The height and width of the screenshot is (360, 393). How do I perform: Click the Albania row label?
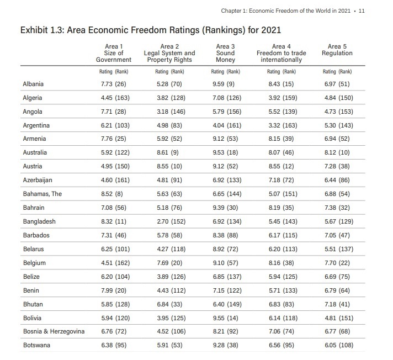tap(33, 84)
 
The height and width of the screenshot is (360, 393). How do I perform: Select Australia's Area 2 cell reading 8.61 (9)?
tap(169, 152)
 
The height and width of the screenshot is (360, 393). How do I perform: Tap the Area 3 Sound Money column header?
tap(225, 53)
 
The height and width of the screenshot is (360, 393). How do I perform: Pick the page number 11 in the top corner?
tap(362, 11)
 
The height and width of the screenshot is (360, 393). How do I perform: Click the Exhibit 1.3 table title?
tap(150, 29)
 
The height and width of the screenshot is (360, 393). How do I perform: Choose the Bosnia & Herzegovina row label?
tap(54, 332)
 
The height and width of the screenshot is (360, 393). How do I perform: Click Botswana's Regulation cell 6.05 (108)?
tap(337, 346)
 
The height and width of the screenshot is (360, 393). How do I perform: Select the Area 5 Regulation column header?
tap(337, 50)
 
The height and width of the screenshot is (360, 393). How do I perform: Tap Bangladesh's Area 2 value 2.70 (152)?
tap(169, 221)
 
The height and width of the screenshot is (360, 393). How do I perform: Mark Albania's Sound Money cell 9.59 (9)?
tap(225, 84)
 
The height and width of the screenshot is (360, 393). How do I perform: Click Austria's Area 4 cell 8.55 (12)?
tap(281, 166)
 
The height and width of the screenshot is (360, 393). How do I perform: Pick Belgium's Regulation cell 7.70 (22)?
tap(337, 263)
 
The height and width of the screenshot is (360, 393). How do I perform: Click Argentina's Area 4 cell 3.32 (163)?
tap(281, 125)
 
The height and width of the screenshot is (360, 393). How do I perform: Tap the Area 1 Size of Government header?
tap(114, 53)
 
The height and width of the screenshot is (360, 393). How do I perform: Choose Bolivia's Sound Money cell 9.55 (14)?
tap(225, 318)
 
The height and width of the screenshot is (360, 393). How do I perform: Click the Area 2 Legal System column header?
tap(169, 53)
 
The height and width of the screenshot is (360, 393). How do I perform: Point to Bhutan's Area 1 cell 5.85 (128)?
tap(113, 304)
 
